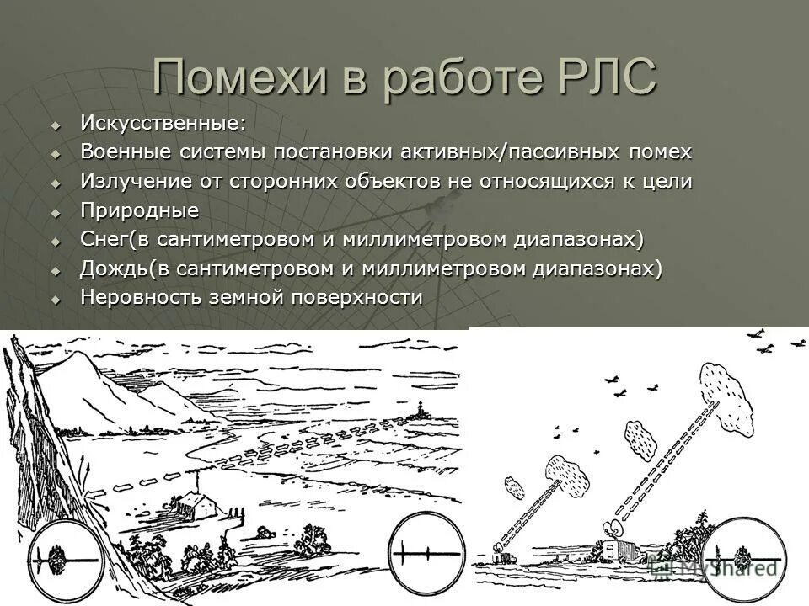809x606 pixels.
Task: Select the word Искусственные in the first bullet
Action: tap(160, 123)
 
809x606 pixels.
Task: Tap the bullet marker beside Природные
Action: tap(56, 212)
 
